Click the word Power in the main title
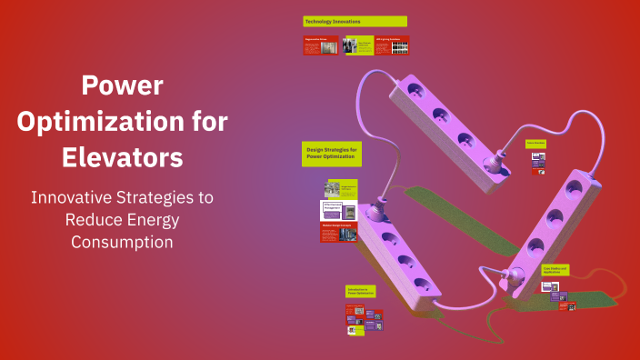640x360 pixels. tap(123, 86)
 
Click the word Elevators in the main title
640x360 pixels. tap(123, 155)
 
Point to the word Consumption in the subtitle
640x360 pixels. tap(122, 242)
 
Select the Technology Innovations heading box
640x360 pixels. tap(355, 21)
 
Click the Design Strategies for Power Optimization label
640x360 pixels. tap(332, 154)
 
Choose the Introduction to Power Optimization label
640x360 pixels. tap(360, 292)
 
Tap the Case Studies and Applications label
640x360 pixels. tap(555, 270)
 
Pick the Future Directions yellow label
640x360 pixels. tap(535, 143)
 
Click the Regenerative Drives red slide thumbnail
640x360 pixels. tap(320, 45)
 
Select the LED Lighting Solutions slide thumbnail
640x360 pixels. tap(392, 45)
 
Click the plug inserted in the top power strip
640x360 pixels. tap(496, 166)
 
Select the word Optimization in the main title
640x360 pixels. tap(123, 121)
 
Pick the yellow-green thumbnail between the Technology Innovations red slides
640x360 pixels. tap(357, 45)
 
